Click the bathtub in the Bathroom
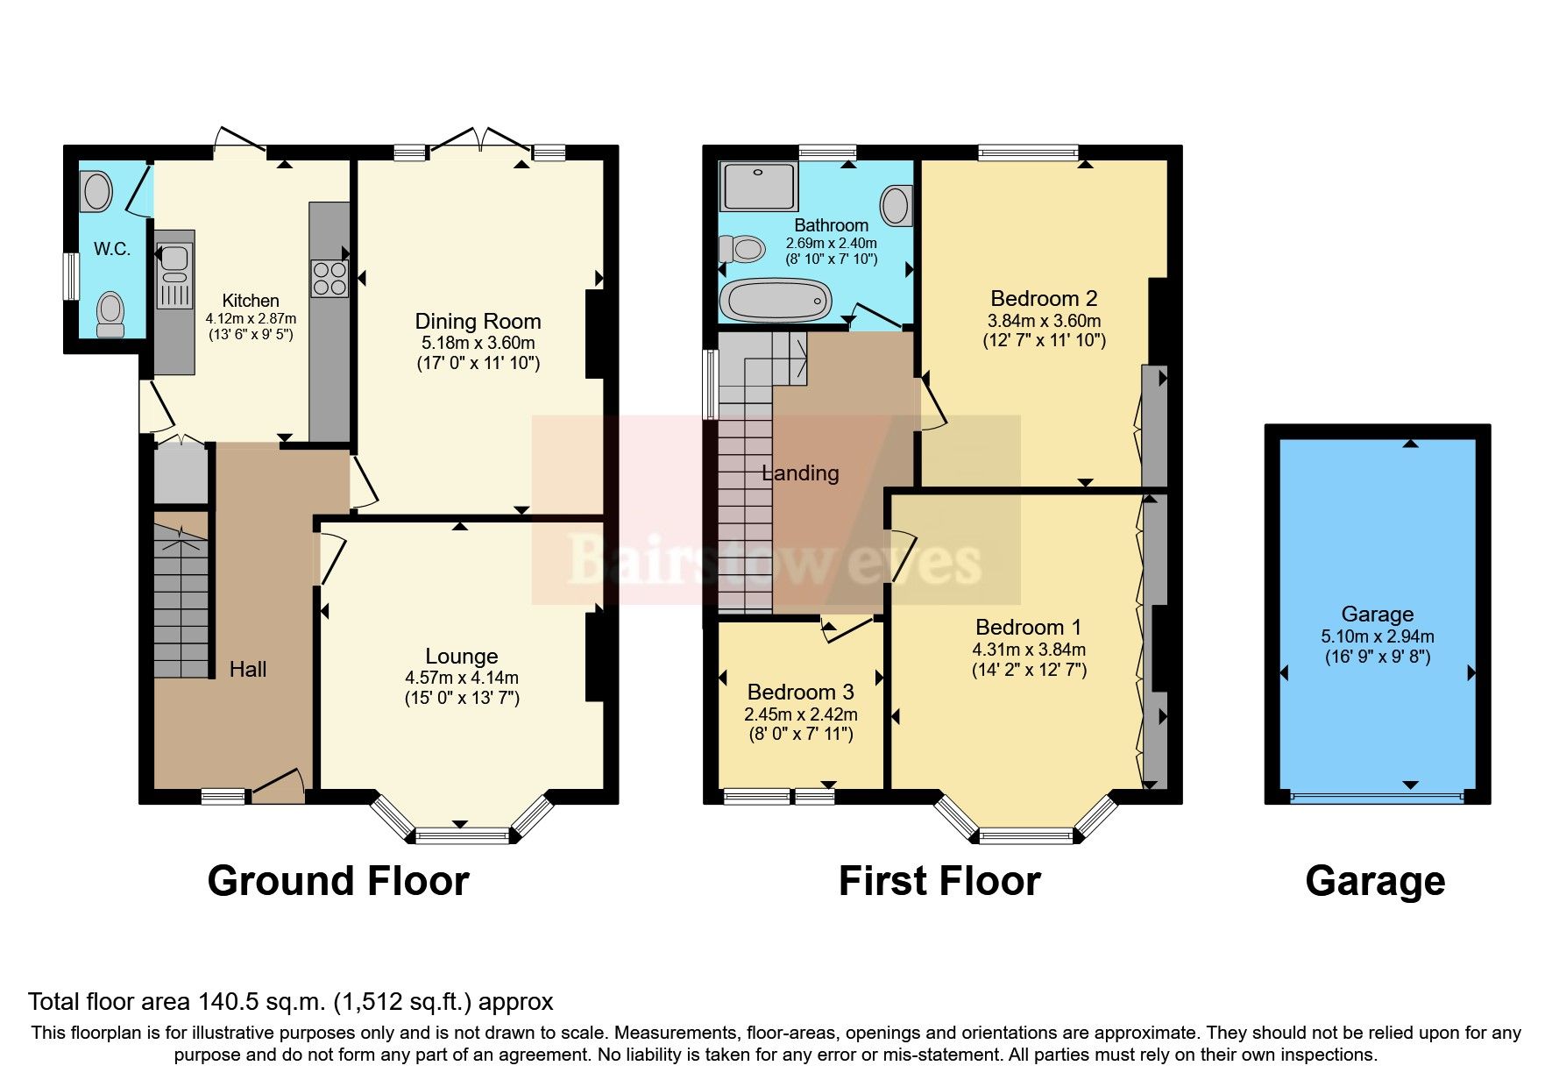coord(775,301)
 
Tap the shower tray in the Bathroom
coord(758,185)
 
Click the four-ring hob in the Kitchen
coord(329,279)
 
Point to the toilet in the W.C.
coord(110,314)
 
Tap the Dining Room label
coord(478,321)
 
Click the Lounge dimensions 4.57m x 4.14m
coord(462,678)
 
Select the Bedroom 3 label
coord(800,693)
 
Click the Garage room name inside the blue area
coord(1377,614)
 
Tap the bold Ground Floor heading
coord(338,881)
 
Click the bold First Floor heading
coord(939,881)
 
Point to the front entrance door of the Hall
coord(279,784)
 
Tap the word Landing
coord(800,473)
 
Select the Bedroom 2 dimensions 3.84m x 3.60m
coord(1044,321)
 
